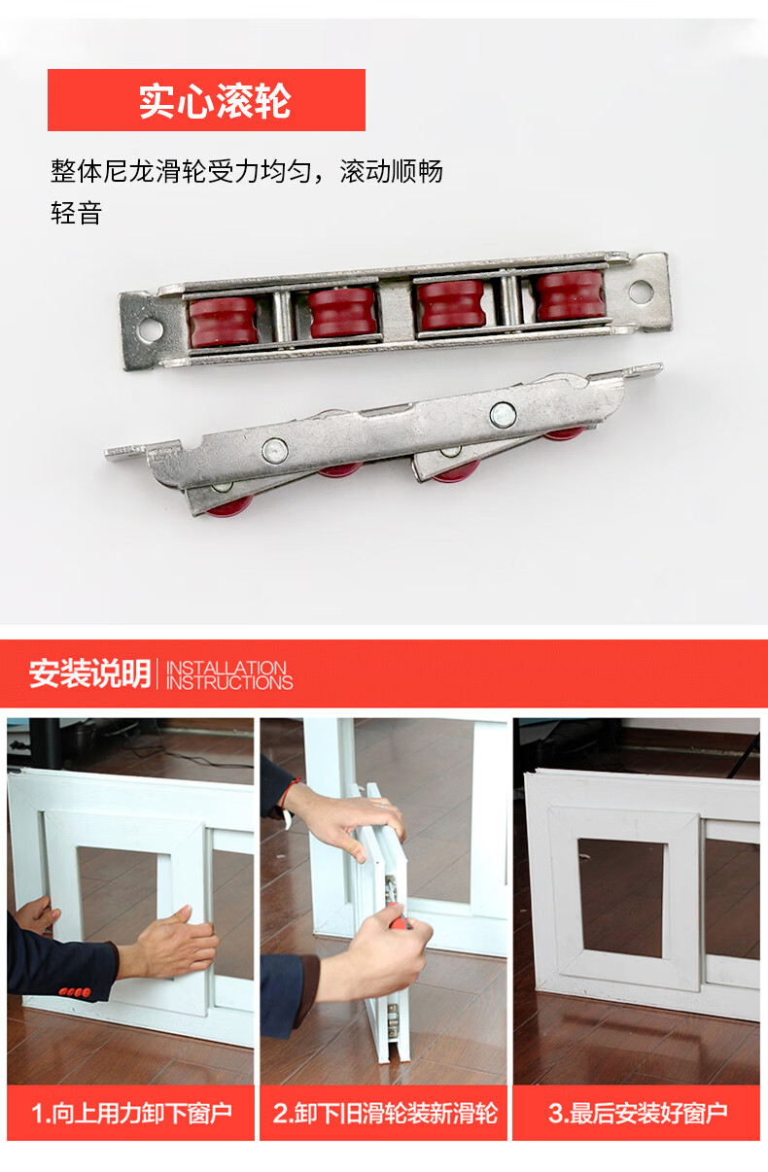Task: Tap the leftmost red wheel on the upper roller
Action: pos(223,322)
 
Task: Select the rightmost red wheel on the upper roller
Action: pos(572,295)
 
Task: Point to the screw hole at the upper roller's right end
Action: pos(641,292)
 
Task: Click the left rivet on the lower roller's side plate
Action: pos(275,451)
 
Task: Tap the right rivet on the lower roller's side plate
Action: pos(503,415)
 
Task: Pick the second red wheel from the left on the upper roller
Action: pos(341,312)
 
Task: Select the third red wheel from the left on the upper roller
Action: pos(451,305)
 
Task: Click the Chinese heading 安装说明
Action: pos(90,672)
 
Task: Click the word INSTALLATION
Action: pos(227,668)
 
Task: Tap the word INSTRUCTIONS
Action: pos(229,682)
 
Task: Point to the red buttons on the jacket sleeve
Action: pos(74,991)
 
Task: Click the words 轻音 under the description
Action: pos(76,213)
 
